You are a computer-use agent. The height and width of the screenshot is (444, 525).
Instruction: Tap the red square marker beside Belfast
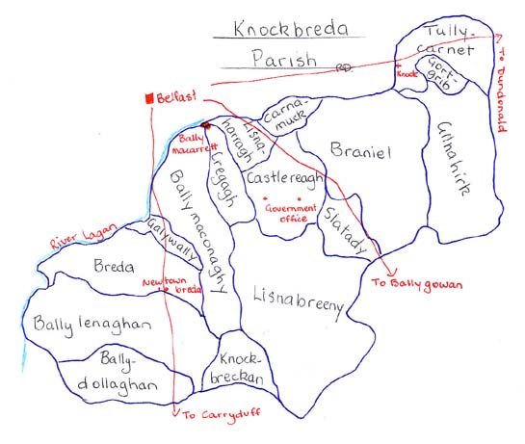coord(147,97)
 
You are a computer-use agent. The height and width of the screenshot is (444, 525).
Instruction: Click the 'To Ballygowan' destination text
coord(417,283)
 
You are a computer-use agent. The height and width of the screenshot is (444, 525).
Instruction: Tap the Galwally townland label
coord(174,238)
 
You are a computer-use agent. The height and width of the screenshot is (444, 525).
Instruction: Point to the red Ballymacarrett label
coord(200,144)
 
